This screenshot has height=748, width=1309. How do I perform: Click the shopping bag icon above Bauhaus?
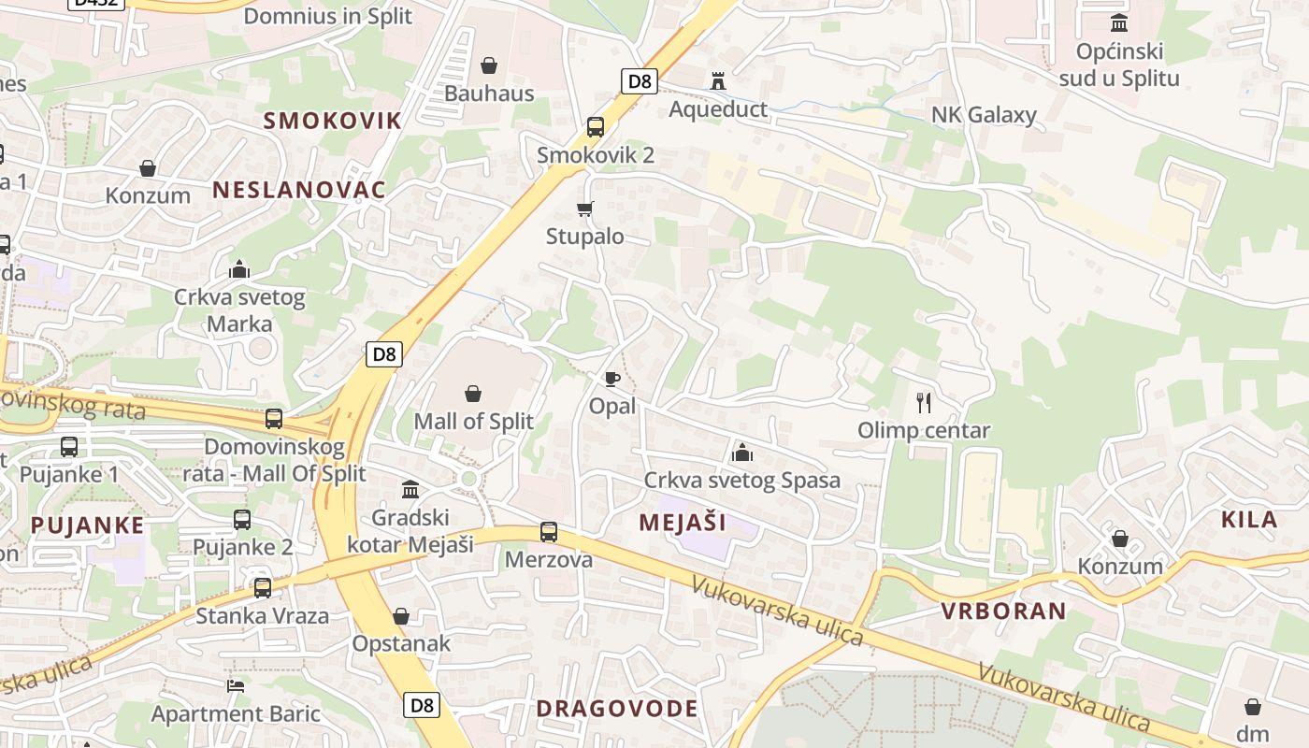click(x=488, y=65)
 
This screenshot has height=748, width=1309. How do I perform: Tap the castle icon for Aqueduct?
click(x=718, y=81)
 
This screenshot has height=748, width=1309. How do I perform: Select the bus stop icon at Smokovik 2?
click(x=596, y=127)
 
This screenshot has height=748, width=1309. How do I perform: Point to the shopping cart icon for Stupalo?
click(x=585, y=209)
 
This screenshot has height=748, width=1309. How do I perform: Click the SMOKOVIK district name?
click(x=332, y=121)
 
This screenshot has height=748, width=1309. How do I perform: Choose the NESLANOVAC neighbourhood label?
click(x=298, y=190)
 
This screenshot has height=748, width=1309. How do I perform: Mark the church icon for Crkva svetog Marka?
click(x=239, y=270)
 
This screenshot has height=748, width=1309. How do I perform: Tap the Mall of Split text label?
click(x=473, y=421)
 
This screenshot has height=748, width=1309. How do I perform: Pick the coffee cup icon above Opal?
click(x=611, y=379)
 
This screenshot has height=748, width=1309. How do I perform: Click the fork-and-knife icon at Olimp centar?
click(x=924, y=403)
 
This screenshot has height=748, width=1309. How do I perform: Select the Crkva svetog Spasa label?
click(x=741, y=481)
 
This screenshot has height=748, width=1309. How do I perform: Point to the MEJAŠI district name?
click(x=683, y=523)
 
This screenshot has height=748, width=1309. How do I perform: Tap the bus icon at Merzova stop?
click(x=549, y=532)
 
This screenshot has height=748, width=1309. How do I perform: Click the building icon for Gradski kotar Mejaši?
click(x=410, y=489)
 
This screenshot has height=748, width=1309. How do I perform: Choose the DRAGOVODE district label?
click(x=617, y=709)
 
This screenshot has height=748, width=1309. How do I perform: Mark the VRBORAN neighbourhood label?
click(x=1003, y=611)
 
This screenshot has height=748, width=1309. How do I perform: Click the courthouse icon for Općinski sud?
click(x=1118, y=22)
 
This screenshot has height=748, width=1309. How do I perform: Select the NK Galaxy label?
click(x=984, y=115)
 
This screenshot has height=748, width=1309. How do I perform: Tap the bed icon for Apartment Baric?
click(x=236, y=685)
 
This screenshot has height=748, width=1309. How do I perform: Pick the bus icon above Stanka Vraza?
click(x=263, y=588)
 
